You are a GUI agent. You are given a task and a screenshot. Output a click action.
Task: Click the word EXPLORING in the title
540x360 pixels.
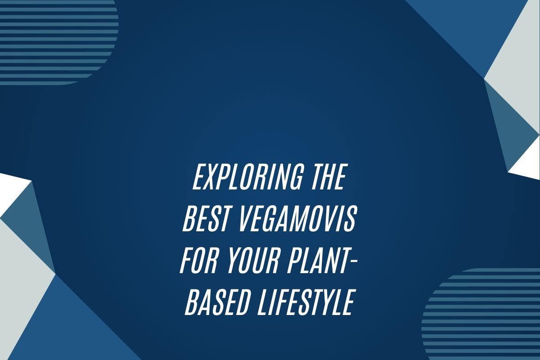(247, 177)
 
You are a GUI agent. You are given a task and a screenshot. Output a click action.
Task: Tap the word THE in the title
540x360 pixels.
(328, 177)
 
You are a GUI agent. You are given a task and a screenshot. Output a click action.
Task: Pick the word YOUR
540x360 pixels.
(252, 261)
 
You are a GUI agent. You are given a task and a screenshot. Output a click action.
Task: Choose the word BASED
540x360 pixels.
(217, 302)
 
